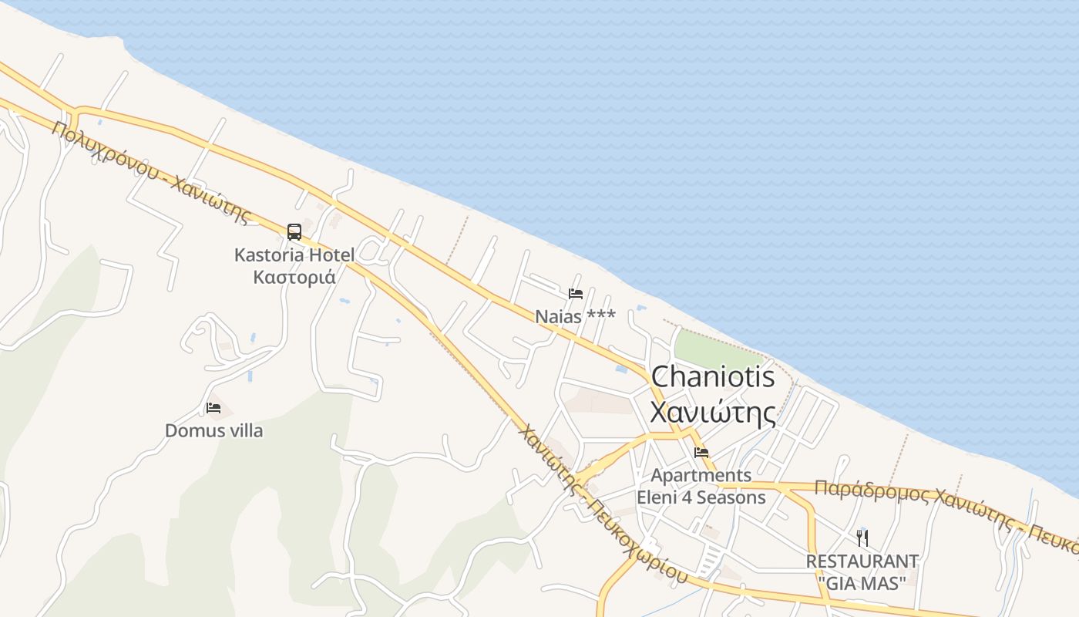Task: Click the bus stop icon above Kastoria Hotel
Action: [x=294, y=231]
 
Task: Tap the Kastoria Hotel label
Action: [x=294, y=255]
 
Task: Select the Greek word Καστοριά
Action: [x=294, y=276]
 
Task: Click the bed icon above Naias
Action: [x=575, y=294]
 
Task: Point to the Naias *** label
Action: [x=575, y=316]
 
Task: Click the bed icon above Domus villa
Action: [x=213, y=408]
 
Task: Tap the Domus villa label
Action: [x=213, y=430]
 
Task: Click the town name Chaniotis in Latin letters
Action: [x=712, y=377]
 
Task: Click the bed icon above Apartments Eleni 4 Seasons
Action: [x=701, y=453]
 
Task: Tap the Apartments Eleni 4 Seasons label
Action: [x=701, y=486]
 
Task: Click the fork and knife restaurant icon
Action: [x=862, y=538]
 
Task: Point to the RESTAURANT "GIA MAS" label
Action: [x=862, y=571]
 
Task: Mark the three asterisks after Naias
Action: [x=601, y=315]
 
